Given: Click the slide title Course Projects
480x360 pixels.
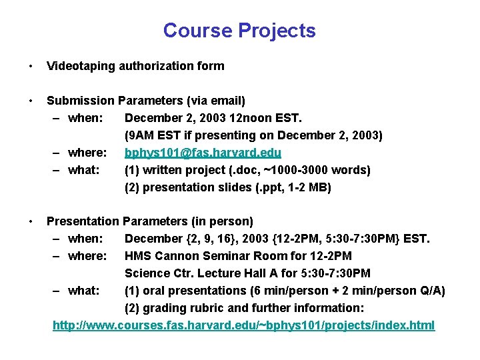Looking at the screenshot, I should point(239,31).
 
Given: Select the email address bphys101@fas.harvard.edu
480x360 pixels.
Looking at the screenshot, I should point(203,153).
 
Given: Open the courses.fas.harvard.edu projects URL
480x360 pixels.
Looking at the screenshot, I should point(243,325).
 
